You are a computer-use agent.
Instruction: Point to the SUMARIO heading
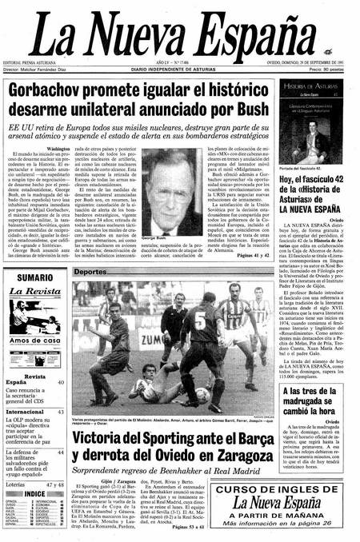[x=34, y=277]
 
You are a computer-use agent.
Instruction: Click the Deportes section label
[x=90, y=273]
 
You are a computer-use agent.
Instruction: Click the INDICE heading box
[x=34, y=493]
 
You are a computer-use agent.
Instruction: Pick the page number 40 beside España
[x=60, y=382]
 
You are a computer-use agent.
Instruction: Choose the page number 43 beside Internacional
[x=60, y=412]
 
